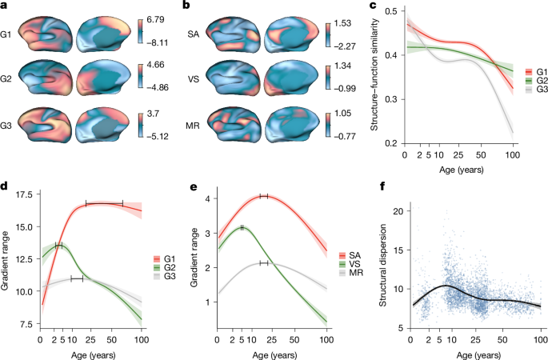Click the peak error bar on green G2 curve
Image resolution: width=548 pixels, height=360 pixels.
[58, 246]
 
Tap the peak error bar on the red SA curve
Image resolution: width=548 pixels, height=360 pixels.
[263, 196]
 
